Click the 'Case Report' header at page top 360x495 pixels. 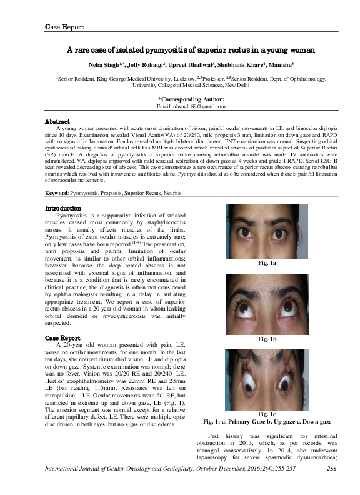pyautogui.click(x=65, y=27)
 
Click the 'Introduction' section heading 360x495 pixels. pyautogui.click(x=62, y=208)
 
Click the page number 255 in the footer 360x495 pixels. pyautogui.click(x=332, y=486)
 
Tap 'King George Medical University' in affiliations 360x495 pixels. pyautogui.click(x=132, y=79)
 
